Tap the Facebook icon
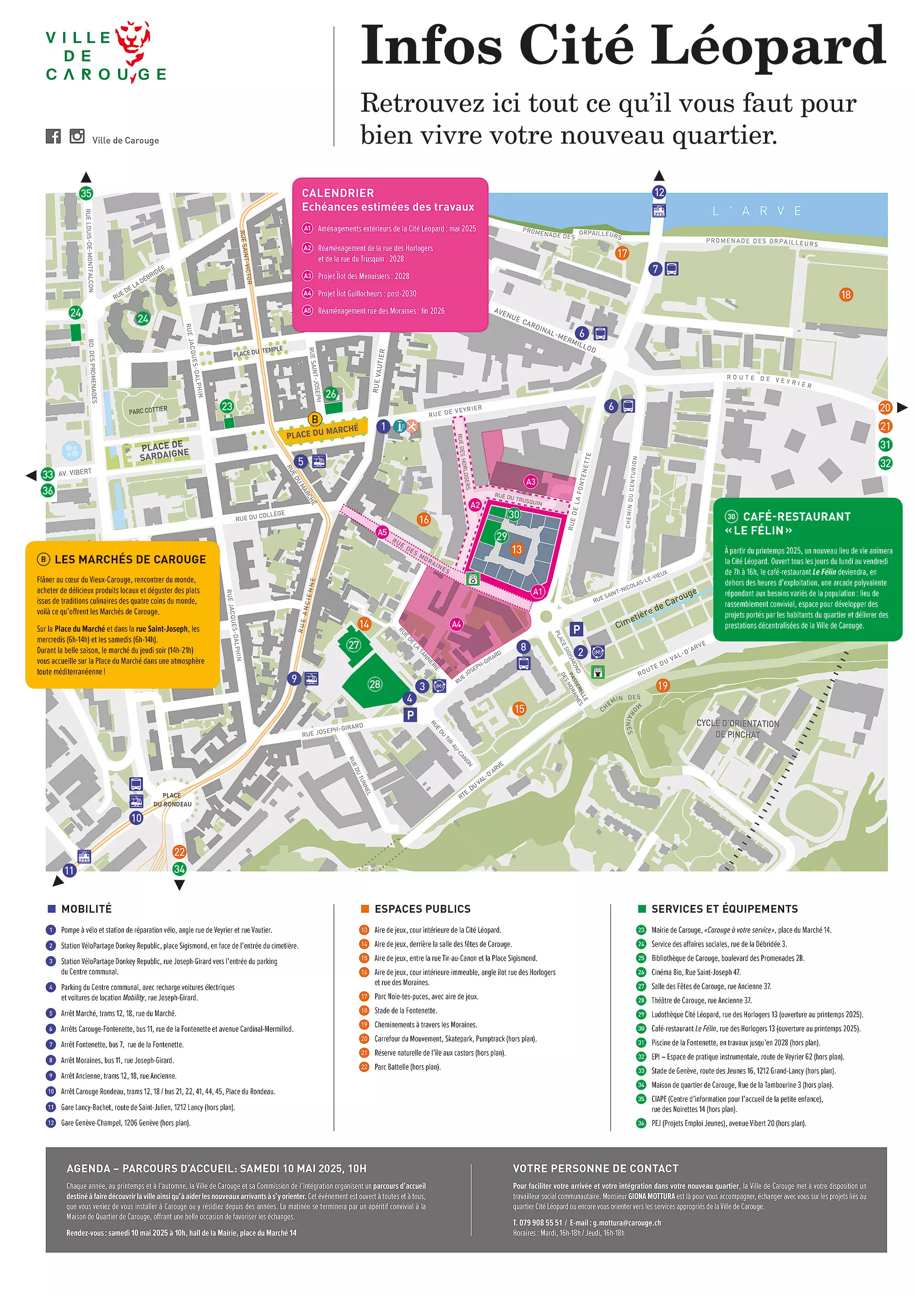pyautogui.click(x=53, y=136)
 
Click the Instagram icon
pyautogui.click(x=77, y=136)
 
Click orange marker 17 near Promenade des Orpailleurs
pyautogui.click(x=622, y=253)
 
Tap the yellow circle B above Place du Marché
pyautogui.click(x=315, y=419)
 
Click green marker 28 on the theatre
pyautogui.click(x=375, y=684)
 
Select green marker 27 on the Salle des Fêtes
pyautogui.click(x=354, y=645)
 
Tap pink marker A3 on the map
pyautogui.click(x=530, y=481)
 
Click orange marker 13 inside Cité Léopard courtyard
pyautogui.click(x=516, y=549)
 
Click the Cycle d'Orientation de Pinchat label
pyautogui.click(x=737, y=729)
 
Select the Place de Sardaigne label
pyautogui.click(x=164, y=450)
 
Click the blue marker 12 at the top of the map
pyautogui.click(x=659, y=192)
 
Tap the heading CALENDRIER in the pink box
pyautogui.click(x=338, y=193)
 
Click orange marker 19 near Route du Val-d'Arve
pyautogui.click(x=662, y=685)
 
